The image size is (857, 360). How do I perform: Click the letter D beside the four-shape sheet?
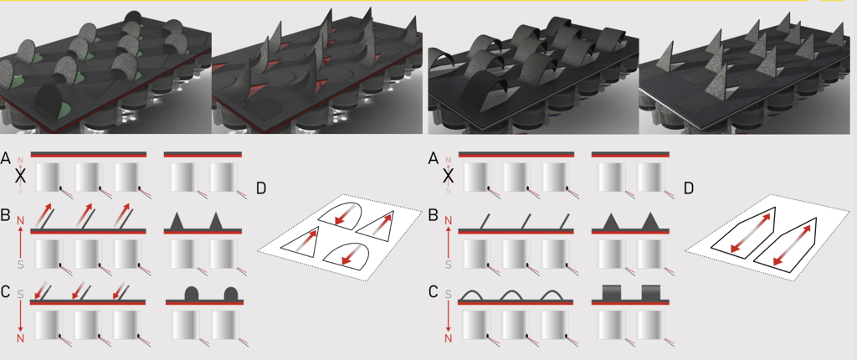tap(261, 188)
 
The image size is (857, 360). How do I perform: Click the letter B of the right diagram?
tap(433, 215)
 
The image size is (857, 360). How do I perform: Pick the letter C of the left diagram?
tap(8, 292)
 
